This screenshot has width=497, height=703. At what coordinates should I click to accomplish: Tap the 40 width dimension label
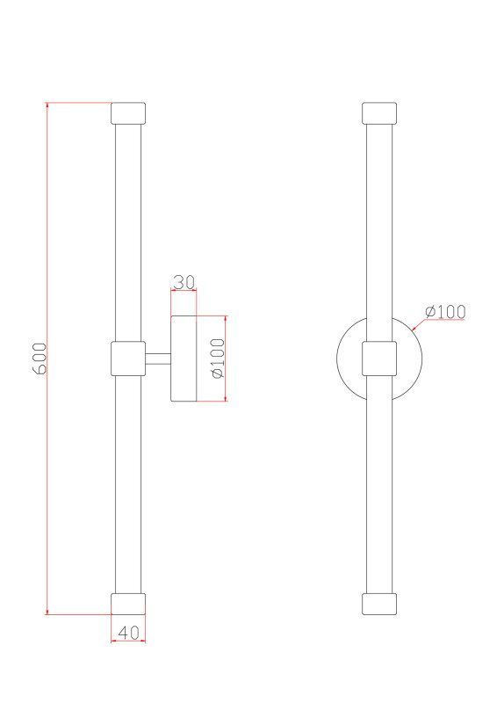(128, 632)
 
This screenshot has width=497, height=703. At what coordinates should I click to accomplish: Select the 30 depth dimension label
(184, 283)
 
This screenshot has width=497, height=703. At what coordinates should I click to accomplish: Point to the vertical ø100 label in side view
(218, 359)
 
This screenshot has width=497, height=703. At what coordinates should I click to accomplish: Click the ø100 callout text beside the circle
(445, 311)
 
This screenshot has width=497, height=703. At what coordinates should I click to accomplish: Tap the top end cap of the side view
(128, 113)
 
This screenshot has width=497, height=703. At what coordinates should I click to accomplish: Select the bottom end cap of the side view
(128, 604)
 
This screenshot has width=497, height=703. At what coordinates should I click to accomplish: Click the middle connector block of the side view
(128, 359)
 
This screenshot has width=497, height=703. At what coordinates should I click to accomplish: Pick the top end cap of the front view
(379, 113)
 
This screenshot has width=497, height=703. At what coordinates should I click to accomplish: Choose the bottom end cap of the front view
(379, 604)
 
